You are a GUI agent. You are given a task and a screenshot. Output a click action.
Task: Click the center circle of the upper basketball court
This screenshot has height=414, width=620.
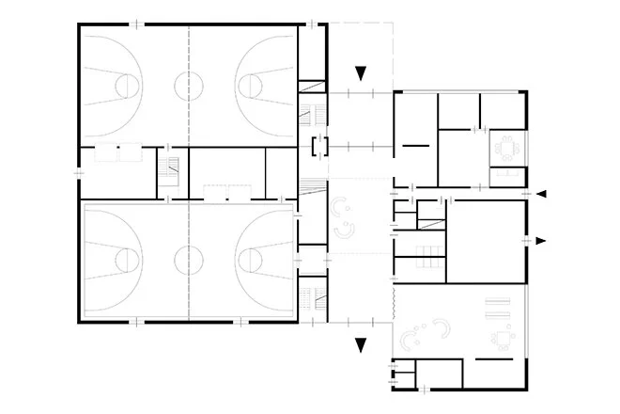(x=189, y=85)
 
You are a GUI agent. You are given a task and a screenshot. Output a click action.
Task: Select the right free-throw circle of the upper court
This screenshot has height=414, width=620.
(x=252, y=85)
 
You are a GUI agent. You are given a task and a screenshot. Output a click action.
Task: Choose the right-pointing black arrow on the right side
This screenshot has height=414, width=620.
(x=541, y=241)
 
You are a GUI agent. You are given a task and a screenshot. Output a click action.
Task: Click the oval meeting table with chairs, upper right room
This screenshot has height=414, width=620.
(x=508, y=148)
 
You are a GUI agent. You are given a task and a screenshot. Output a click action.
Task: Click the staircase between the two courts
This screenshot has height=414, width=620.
(x=169, y=174)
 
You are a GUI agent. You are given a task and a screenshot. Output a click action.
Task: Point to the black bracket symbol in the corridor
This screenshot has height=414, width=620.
(x=316, y=146)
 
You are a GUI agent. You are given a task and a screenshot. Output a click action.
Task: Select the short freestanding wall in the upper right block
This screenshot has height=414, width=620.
(x=413, y=146)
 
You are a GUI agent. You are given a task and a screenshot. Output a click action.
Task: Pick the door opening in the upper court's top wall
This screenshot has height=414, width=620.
(x=136, y=24)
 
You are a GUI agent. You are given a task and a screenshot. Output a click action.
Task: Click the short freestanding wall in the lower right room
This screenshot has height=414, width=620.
(x=488, y=360)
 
